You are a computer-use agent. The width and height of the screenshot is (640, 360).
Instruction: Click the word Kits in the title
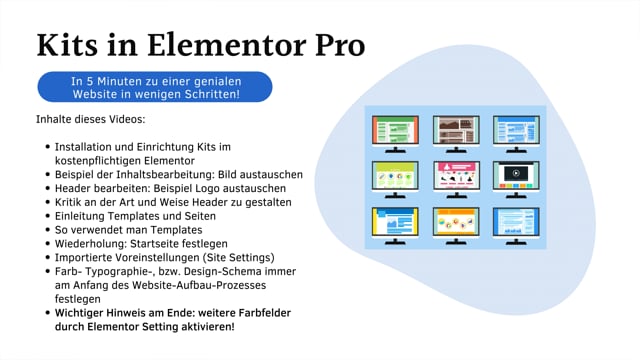tap(72, 44)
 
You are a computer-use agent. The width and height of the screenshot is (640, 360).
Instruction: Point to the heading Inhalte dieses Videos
tap(90, 121)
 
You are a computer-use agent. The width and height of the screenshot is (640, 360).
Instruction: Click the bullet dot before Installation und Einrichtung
tap(48, 146)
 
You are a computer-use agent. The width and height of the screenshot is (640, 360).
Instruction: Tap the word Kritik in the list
tap(73, 201)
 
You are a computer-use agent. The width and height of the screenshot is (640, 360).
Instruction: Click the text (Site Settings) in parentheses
tap(229, 257)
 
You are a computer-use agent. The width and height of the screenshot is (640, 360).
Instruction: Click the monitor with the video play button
tap(515, 176)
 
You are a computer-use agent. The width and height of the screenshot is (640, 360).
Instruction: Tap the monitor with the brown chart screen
tap(455, 130)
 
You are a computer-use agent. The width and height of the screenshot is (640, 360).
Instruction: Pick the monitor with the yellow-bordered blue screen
tap(394, 222)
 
